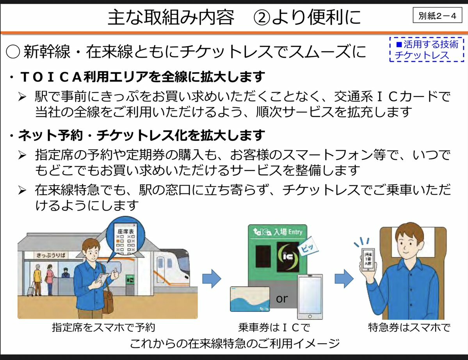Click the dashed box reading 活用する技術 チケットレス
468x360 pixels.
[426, 50]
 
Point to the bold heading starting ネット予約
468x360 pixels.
[137, 136]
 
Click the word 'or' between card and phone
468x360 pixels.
[281, 299]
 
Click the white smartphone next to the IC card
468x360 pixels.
[310, 296]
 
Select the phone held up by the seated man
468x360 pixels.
[367, 259]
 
